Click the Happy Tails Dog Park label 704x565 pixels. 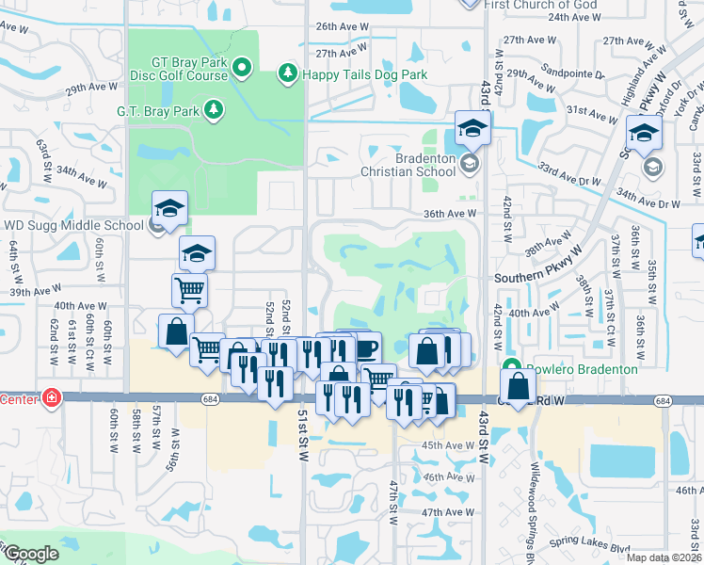coord(364,74)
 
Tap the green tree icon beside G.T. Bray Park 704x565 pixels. coord(215,110)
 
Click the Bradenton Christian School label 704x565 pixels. coord(411,165)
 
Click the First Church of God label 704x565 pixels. coord(542,5)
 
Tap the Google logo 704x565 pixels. coord(30,555)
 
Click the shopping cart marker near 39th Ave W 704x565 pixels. coord(189,290)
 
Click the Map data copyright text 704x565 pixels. coord(664,557)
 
